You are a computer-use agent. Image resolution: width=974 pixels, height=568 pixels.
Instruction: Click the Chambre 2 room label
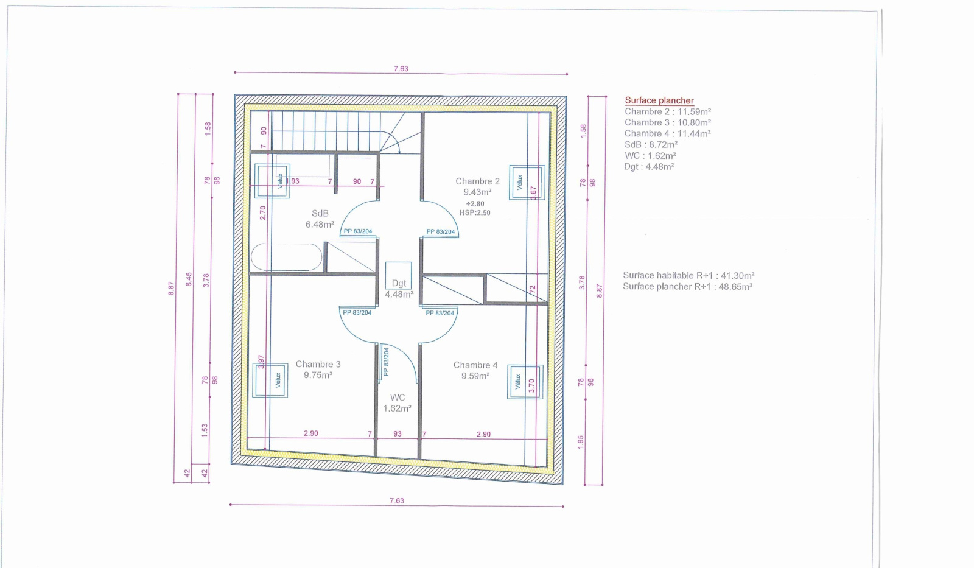[477, 181]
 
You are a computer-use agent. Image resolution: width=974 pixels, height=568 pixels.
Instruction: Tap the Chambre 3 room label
[318, 365]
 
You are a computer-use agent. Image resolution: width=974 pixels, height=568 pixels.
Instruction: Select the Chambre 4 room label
[475, 365]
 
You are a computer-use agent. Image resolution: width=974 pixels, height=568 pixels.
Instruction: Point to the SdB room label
[320, 214]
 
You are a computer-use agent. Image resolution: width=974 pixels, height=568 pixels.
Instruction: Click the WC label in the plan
[398, 398]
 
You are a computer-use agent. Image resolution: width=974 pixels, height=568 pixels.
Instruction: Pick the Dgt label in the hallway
[399, 283]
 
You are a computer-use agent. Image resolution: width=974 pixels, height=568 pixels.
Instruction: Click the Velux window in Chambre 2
[527, 182]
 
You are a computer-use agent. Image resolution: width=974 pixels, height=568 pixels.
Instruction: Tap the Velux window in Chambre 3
[270, 380]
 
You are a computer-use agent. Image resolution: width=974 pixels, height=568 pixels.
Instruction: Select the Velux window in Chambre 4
[525, 382]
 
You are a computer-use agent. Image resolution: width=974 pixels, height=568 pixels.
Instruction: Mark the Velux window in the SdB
[272, 181]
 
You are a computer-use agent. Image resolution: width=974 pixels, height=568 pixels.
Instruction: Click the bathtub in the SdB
[287, 257]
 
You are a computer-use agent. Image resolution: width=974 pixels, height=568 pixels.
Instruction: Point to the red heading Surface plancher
[659, 100]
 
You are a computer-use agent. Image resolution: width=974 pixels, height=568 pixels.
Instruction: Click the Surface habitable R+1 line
[688, 275]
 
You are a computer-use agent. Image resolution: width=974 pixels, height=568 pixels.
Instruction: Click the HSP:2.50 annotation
[475, 212]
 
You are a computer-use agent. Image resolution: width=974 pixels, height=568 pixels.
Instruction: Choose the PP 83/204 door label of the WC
[386, 362]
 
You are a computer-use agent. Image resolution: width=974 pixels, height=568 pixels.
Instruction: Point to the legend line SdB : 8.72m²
[651, 144]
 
